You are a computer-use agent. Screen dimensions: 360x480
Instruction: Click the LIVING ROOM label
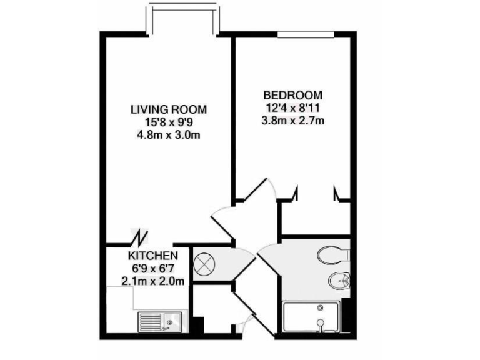tap(168, 109)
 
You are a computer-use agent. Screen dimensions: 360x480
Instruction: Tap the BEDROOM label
tap(293, 95)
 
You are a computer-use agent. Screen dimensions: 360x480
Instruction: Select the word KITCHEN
tap(154, 256)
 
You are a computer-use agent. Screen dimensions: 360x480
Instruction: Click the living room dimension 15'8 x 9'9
tap(168, 122)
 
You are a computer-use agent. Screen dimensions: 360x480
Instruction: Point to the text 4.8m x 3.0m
tap(168, 134)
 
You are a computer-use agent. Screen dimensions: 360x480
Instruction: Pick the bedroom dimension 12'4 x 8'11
tap(293, 107)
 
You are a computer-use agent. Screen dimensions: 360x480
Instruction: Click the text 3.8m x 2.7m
tap(293, 120)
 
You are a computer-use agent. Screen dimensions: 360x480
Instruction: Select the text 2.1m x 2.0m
tap(153, 281)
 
